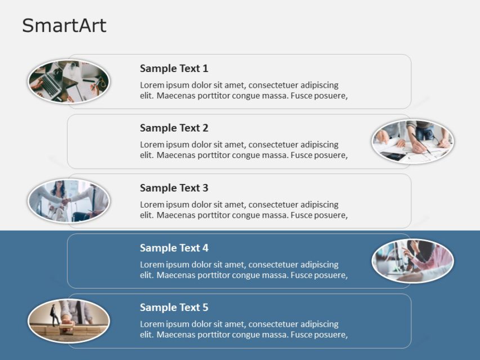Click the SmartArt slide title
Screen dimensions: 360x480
pyautogui.click(x=64, y=25)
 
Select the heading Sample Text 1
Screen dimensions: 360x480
pyautogui.click(x=174, y=69)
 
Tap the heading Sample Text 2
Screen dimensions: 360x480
pyautogui.click(x=174, y=128)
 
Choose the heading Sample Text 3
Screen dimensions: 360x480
pyautogui.click(x=174, y=188)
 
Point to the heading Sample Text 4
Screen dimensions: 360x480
pyautogui.click(x=174, y=248)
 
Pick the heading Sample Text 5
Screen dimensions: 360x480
pyautogui.click(x=174, y=308)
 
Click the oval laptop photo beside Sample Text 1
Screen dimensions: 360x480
pyautogui.click(x=69, y=82)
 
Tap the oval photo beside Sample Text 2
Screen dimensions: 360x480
pyautogui.click(x=412, y=141)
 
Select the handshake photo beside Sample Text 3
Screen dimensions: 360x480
pyautogui.click(x=69, y=201)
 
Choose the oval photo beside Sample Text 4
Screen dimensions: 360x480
pyautogui.click(x=412, y=260)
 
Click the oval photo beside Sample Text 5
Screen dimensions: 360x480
pyautogui.click(x=69, y=321)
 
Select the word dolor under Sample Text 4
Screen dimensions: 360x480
pyautogui.click(x=209, y=265)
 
